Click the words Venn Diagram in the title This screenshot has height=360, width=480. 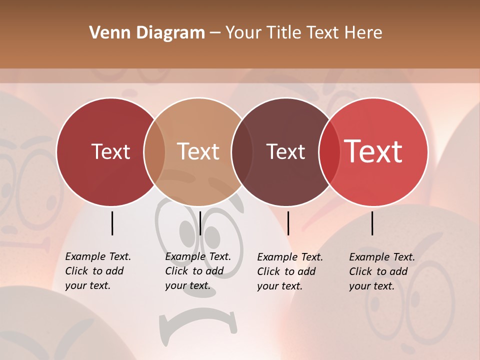147,33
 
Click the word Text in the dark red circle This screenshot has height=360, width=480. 110,151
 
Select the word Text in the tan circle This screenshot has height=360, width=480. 198,151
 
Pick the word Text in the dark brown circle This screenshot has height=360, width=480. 285,151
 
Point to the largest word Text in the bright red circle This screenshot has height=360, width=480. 373,151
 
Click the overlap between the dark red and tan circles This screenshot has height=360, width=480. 154,152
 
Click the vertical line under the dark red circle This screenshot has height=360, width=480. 112,223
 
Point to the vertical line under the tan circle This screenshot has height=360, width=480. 200,223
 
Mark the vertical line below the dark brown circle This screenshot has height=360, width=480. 288,223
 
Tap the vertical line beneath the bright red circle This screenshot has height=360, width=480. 372,223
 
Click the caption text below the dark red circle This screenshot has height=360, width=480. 97,271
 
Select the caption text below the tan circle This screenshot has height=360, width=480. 197,271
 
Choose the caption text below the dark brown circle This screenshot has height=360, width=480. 289,271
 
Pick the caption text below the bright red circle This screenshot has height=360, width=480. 381,271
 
